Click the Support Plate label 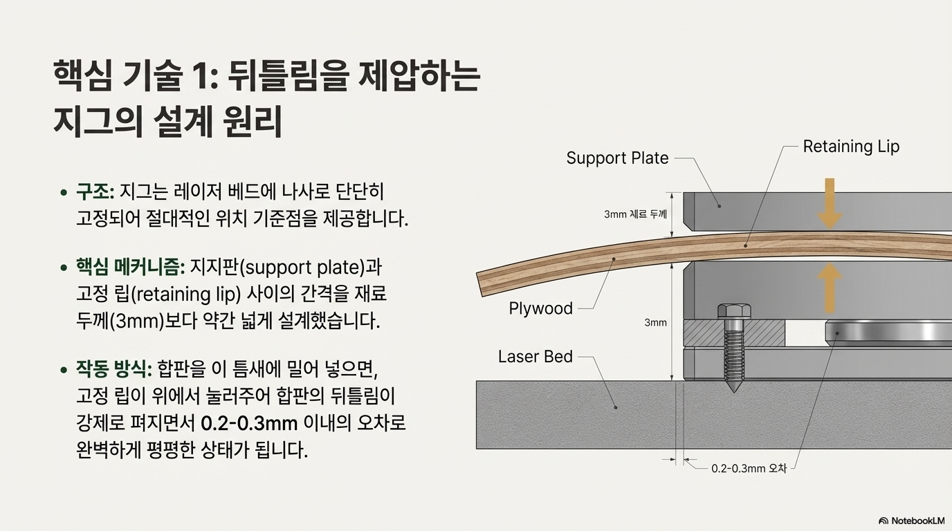coord(617,158)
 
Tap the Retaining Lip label coord(850,147)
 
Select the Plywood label coord(540,308)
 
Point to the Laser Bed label coord(535,357)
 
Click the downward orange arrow coord(830,203)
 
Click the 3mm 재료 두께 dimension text coord(634,214)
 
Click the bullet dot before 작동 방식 coord(64,368)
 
